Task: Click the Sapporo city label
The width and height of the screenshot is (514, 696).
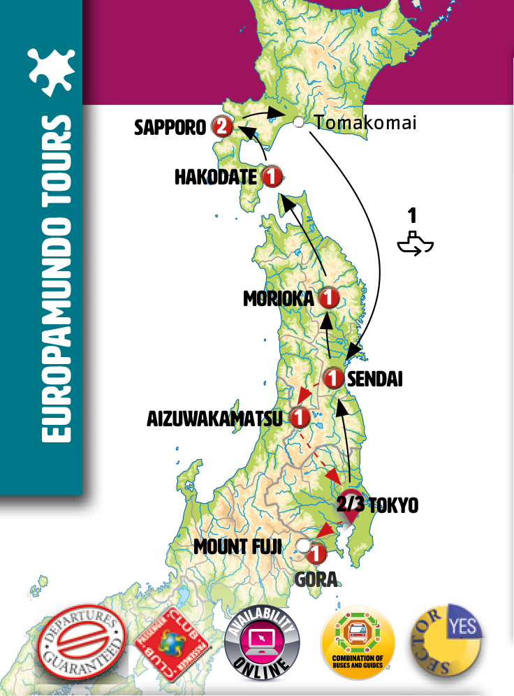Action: [170, 127]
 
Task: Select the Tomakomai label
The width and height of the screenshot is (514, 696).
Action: [365, 123]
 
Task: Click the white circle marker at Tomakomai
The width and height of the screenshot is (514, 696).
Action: [299, 122]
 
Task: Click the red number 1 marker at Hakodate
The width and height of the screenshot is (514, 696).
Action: [272, 177]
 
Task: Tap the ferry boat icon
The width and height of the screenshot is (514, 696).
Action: [415, 242]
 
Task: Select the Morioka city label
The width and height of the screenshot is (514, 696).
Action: [279, 299]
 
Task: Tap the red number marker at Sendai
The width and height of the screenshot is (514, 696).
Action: [334, 379]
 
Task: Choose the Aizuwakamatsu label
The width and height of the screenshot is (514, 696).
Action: [214, 419]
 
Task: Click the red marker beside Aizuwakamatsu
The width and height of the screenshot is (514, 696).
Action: [300, 418]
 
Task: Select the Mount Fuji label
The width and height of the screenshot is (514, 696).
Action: [238, 546]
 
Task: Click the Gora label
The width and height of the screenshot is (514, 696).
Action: [316, 579]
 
